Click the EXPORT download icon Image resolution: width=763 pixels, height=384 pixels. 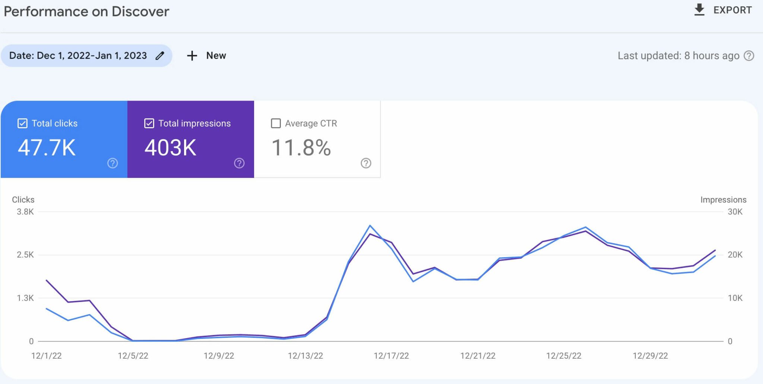tap(699, 10)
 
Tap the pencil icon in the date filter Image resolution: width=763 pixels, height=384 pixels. tap(160, 56)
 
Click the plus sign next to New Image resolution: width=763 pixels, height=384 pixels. tap(192, 56)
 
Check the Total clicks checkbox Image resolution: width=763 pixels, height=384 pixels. tap(22, 123)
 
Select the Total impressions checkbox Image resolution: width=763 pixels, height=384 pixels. tap(149, 123)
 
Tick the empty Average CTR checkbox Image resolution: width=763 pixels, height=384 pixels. tap(276, 123)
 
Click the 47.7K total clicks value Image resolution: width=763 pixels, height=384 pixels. tap(47, 148)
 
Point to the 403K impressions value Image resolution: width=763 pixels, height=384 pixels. tap(170, 148)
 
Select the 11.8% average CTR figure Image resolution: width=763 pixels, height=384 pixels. tap(301, 148)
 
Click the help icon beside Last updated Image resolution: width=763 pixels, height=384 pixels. tap(749, 56)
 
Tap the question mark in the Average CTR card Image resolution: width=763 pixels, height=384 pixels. tap(366, 163)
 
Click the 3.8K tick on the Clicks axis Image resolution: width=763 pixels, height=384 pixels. tap(25, 212)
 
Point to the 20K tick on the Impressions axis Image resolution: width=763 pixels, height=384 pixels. tap(735, 255)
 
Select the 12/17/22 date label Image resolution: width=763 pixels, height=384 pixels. tap(391, 356)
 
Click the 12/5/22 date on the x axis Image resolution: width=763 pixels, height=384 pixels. tap(133, 356)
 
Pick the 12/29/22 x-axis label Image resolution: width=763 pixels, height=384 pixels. tap(650, 356)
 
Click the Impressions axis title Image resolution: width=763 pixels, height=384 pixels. tap(723, 200)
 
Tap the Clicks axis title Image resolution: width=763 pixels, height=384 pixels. tap(23, 200)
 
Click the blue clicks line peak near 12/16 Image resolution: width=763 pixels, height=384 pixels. tap(370, 226)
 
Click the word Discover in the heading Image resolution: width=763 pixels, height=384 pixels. tap(140, 12)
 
